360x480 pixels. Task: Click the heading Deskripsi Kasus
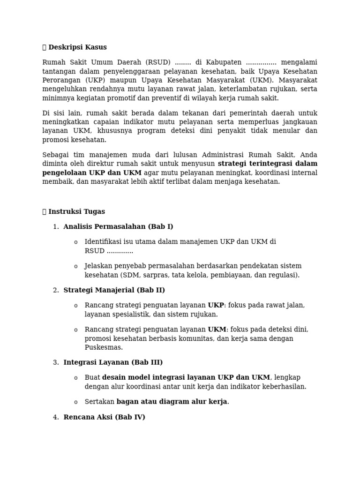[77, 47]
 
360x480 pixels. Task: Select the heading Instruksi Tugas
[76, 212]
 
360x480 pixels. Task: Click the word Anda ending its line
[308, 155]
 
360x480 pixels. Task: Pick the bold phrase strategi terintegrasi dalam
[267, 164]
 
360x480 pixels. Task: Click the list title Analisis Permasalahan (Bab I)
[118, 227]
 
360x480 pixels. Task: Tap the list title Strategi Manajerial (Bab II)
[114, 290]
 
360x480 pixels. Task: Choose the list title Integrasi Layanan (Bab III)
[113, 362]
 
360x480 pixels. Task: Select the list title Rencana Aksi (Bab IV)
[104, 417]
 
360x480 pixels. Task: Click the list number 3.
[56, 362]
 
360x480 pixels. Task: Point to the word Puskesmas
[103, 347]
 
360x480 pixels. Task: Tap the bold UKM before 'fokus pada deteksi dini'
[217, 330]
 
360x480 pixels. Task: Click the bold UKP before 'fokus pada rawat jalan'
[216, 305]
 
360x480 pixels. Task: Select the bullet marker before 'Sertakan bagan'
[75, 402]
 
